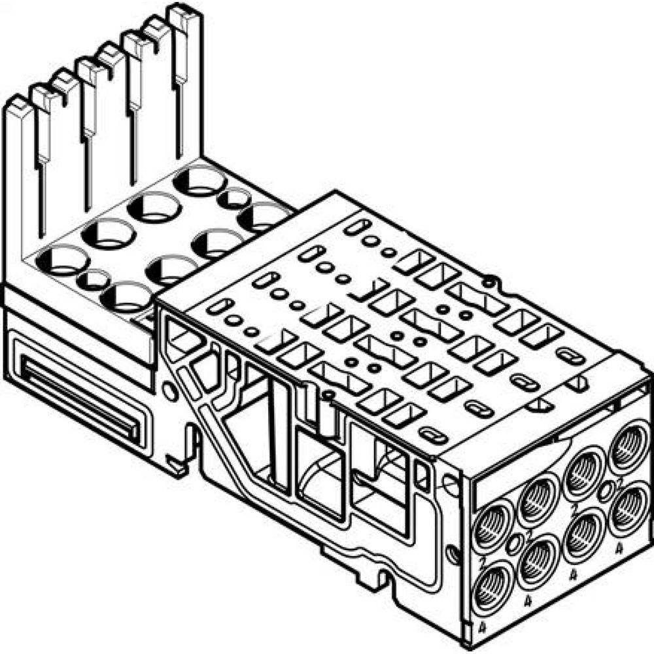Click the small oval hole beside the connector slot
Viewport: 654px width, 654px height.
[169, 392]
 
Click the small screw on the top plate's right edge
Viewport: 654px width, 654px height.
[488, 283]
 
